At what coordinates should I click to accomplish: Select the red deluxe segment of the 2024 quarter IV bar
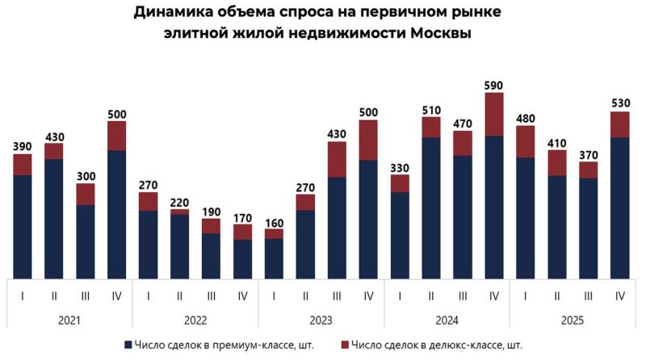click(494, 114)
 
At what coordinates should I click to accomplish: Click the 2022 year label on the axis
click(195, 320)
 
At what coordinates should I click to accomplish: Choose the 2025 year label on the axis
click(573, 320)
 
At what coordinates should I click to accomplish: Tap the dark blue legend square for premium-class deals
click(128, 345)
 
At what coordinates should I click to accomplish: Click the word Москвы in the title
click(431, 34)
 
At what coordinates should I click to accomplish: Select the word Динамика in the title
click(177, 12)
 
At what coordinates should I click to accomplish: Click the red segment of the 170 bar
click(243, 232)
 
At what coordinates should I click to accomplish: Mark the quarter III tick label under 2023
click(337, 295)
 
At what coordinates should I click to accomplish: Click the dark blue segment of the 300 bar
click(86, 241)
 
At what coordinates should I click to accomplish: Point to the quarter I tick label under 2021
click(23, 295)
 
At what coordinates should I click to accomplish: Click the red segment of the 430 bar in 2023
click(337, 159)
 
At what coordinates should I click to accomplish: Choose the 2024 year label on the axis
click(447, 320)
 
